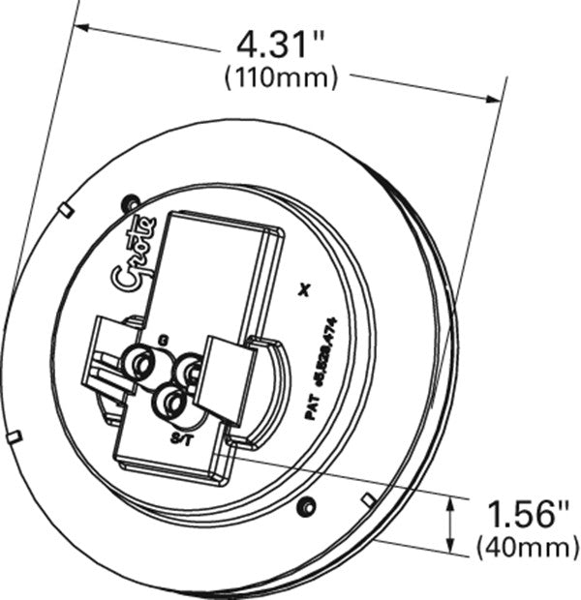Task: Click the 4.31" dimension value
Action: (281, 43)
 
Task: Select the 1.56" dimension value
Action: (524, 514)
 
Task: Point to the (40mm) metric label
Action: (524, 549)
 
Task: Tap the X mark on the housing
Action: (307, 287)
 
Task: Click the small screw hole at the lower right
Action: (307, 506)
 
